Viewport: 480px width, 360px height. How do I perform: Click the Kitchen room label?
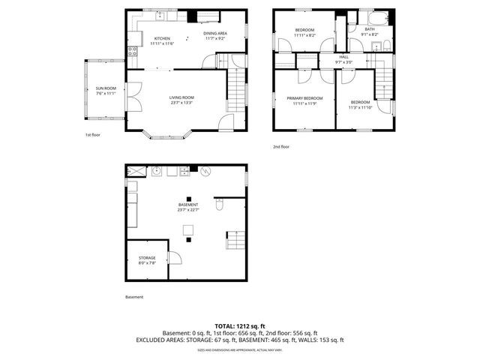pyautogui.click(x=162, y=38)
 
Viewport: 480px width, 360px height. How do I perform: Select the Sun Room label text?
pyautogui.click(x=105, y=88)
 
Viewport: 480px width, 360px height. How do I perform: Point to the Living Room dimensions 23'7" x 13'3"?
pyautogui.click(x=181, y=103)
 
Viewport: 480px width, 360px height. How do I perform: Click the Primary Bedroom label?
pyautogui.click(x=304, y=98)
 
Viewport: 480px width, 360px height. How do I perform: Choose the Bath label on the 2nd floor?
pyautogui.click(x=370, y=29)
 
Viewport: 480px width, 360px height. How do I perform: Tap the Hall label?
pyautogui.click(x=343, y=57)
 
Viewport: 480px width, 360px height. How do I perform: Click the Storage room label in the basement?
pyautogui.click(x=146, y=257)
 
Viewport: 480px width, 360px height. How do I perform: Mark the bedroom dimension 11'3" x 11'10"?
pyautogui.click(x=360, y=107)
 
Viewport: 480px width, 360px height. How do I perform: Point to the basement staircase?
pyautogui.click(x=235, y=240)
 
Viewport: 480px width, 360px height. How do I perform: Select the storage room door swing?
pyautogui.click(x=175, y=258)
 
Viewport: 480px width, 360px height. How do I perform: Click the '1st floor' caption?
pyautogui.click(x=92, y=135)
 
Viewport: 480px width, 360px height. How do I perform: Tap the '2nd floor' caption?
pyautogui.click(x=281, y=147)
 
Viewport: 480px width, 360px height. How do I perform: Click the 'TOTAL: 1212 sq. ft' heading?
pyautogui.click(x=240, y=326)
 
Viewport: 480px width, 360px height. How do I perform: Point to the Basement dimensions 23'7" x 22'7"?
pyautogui.click(x=188, y=210)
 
